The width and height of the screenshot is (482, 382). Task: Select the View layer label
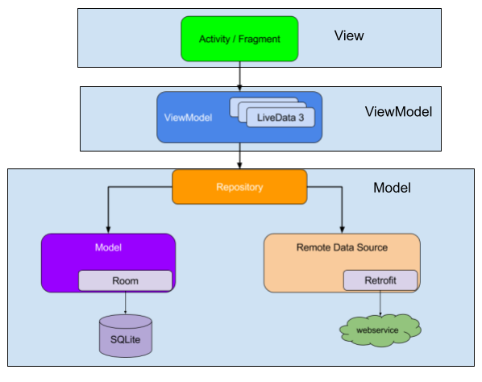pyautogui.click(x=348, y=35)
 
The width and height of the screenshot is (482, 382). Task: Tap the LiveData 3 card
pyautogui.click(x=280, y=118)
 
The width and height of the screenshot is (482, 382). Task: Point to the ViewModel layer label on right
pyautogui.click(x=398, y=112)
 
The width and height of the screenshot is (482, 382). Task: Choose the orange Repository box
pyautogui.click(x=239, y=187)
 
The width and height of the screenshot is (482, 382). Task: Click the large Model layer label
pyautogui.click(x=392, y=188)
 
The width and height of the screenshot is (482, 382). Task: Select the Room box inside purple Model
pyautogui.click(x=125, y=280)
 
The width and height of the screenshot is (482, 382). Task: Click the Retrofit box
pyautogui.click(x=380, y=280)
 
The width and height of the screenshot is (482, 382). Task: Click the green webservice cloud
pyautogui.click(x=380, y=330)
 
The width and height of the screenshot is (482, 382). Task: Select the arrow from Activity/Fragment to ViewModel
pyautogui.click(x=239, y=76)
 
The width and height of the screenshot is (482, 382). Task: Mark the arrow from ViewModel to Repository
pyautogui.click(x=239, y=156)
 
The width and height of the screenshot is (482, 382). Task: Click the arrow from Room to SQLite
pyautogui.click(x=125, y=302)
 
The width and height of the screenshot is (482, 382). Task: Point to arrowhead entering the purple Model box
pyautogui.click(x=108, y=229)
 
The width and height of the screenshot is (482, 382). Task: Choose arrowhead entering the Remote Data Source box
pyautogui.click(x=342, y=229)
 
